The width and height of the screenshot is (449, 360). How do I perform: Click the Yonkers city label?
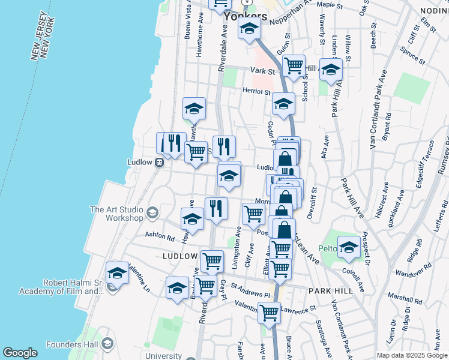point(245,16)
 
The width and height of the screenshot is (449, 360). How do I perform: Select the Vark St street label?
point(262,71)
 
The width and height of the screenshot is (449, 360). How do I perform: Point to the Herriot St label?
point(256,91)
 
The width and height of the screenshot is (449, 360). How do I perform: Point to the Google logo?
point(20,353)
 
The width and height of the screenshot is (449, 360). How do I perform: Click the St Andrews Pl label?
point(250,293)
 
